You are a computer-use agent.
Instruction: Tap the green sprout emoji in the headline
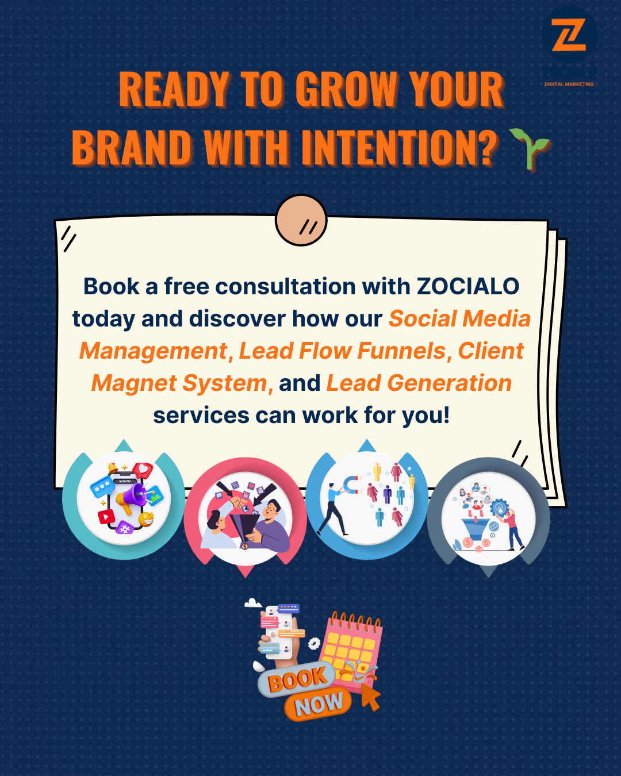[530, 148]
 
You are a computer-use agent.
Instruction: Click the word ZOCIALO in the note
[468, 286]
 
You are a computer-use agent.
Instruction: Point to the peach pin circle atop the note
[301, 220]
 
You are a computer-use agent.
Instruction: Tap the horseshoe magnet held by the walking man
[351, 484]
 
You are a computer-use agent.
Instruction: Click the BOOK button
[297, 679]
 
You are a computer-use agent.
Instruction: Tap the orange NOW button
[318, 704]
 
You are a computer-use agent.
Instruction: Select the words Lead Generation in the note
[419, 383]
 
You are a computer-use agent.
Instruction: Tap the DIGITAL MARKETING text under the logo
[569, 84]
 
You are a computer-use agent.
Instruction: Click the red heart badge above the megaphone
[143, 470]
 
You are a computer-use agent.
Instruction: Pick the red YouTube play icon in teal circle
[106, 516]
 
